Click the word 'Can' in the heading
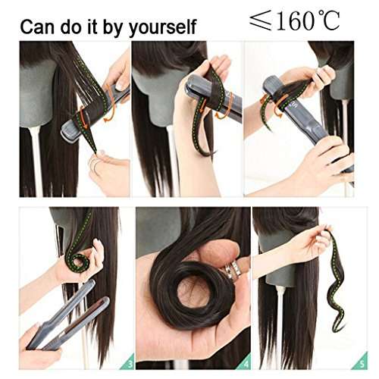[37, 27]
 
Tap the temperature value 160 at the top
[298, 22]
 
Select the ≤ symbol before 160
[260, 23]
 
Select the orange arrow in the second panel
[224, 105]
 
